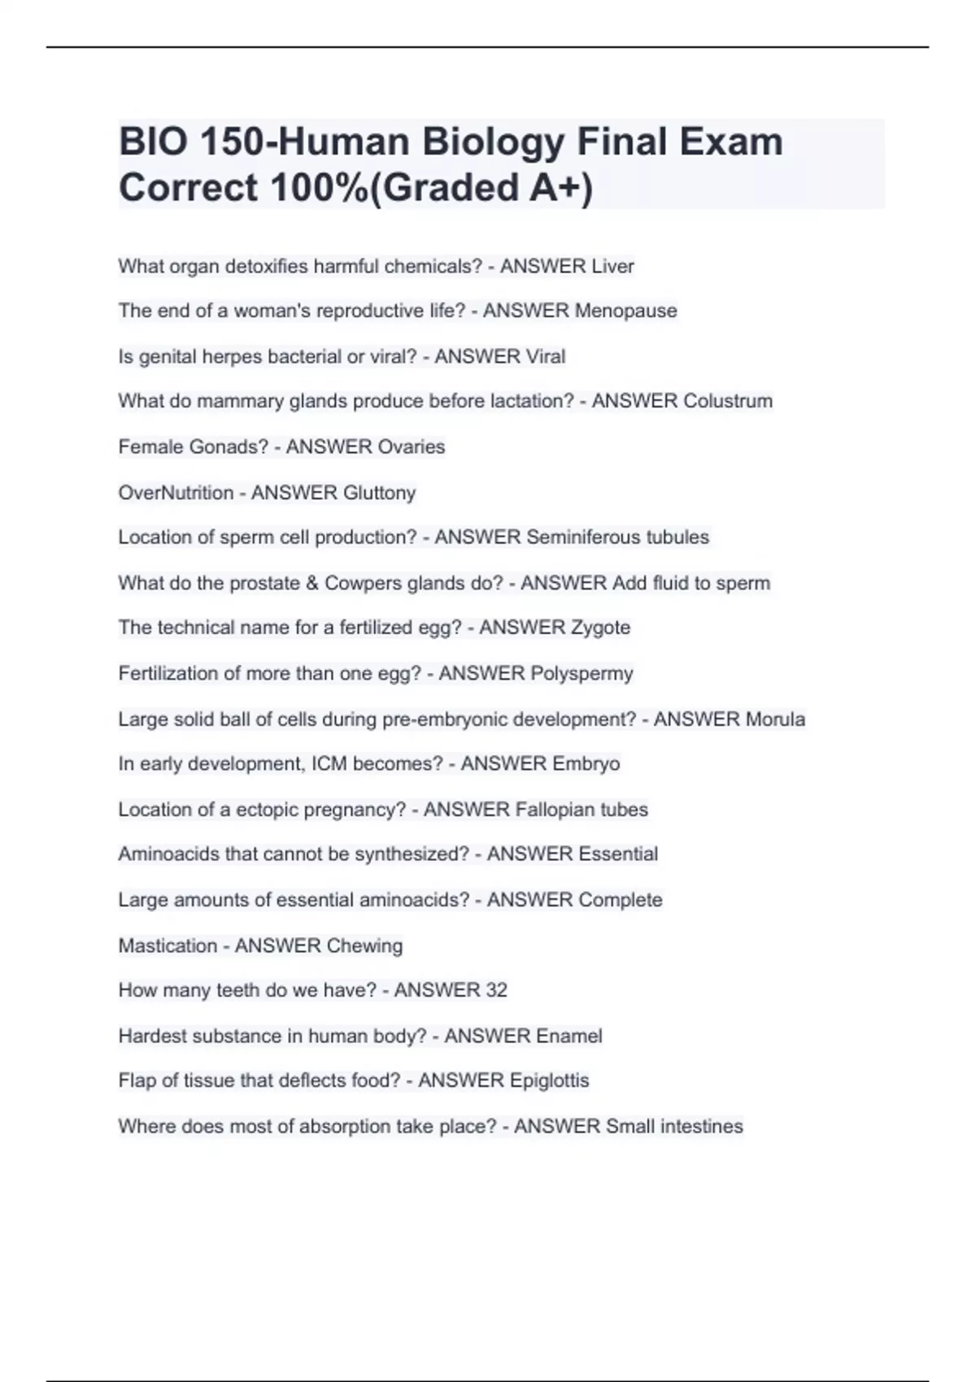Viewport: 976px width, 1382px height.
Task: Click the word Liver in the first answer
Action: point(612,267)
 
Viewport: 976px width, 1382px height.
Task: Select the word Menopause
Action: point(625,311)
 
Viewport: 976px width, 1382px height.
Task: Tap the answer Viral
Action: point(546,357)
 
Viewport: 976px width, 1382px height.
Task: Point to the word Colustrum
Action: point(727,402)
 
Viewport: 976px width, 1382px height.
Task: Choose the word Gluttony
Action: point(379,493)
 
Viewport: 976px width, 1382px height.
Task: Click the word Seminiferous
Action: point(577,537)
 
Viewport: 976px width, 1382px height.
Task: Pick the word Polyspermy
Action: point(582,674)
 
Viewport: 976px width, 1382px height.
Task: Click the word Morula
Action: point(775,719)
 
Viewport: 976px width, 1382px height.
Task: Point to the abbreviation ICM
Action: point(329,764)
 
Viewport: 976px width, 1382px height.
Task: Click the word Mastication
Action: point(168,946)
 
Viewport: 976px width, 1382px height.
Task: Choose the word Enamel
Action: point(563,1036)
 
